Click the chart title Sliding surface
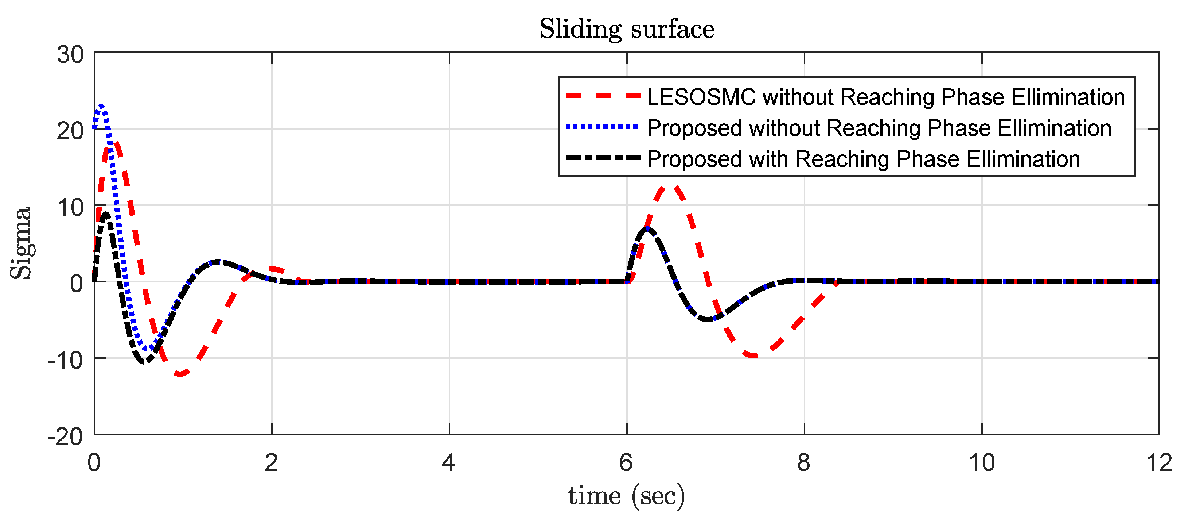pyautogui.click(x=627, y=29)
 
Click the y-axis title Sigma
pyautogui.click(x=21, y=243)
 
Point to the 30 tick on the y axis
pyautogui.click(x=70, y=55)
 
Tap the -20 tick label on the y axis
pyautogui.click(x=65, y=436)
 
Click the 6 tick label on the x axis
pyautogui.click(x=626, y=462)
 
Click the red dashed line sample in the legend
pyautogui.click(x=603, y=96)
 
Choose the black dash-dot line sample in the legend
pyautogui.click(x=603, y=158)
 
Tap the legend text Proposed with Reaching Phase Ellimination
pyautogui.click(x=863, y=159)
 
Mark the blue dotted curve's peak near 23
pyautogui.click(x=101, y=106)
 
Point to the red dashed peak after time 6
pyautogui.click(x=669, y=186)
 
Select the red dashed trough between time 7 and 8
pyautogui.click(x=754, y=355)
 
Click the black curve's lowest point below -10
pyautogui.click(x=144, y=362)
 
